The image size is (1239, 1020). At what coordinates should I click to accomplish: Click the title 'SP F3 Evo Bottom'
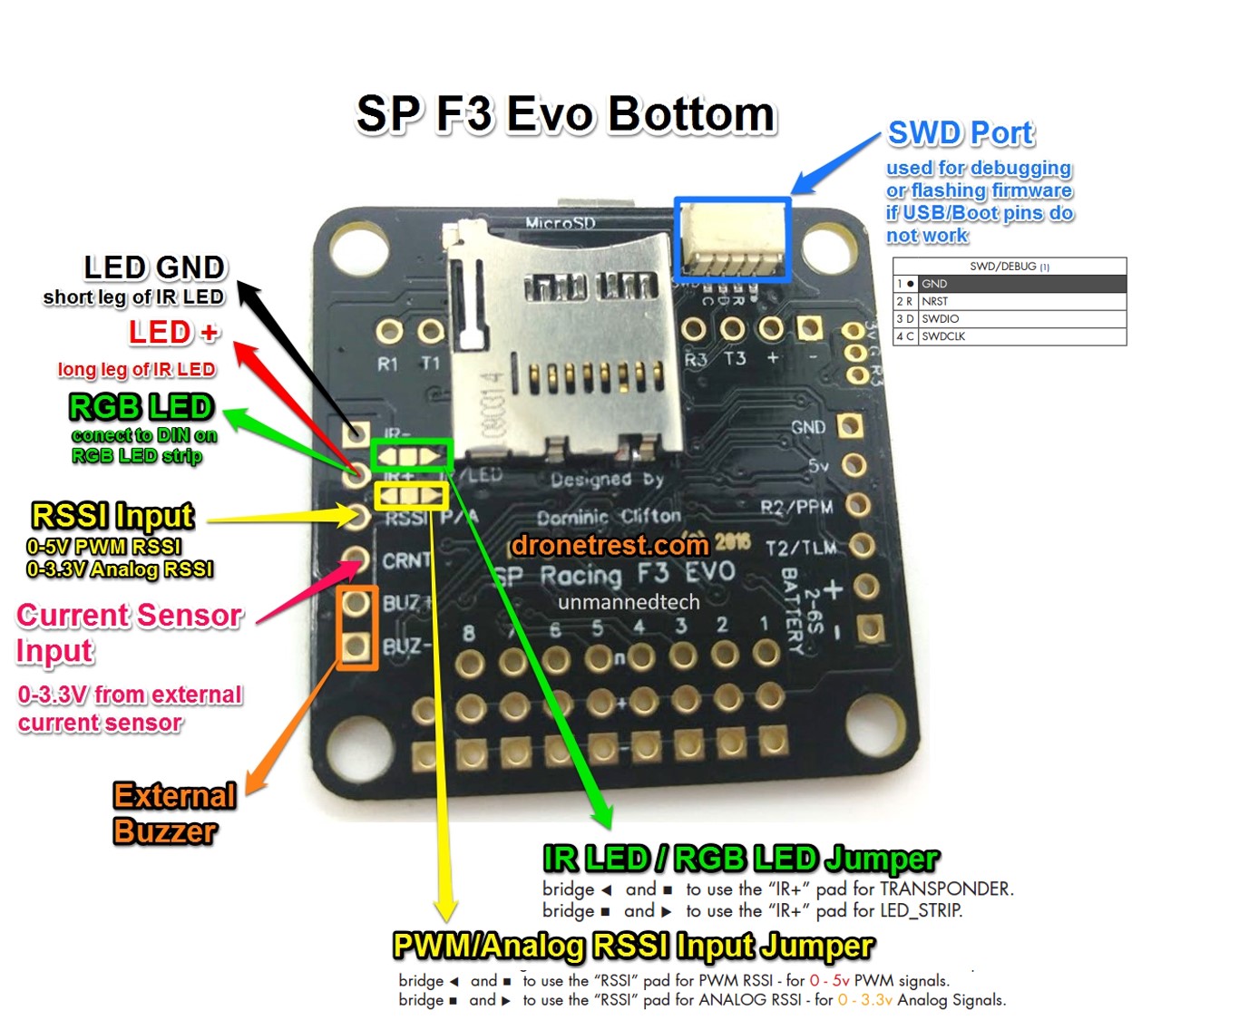565,114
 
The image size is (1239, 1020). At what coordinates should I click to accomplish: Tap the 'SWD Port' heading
961,133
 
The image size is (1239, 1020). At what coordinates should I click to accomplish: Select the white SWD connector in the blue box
732,238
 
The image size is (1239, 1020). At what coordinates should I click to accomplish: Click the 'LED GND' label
154,267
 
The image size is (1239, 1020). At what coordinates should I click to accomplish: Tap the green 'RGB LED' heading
141,406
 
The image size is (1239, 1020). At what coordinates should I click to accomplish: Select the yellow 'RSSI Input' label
112,515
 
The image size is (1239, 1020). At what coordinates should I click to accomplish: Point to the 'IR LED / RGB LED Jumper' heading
740,858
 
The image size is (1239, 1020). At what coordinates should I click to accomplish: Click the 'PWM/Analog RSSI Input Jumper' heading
633,946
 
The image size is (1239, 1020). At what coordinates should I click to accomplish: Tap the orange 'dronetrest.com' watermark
609,545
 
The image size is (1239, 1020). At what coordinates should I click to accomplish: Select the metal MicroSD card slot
562,345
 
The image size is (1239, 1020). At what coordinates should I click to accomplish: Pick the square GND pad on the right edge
850,425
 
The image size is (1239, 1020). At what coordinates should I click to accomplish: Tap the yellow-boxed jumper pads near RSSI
411,496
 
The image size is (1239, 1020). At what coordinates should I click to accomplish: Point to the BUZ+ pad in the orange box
356,603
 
